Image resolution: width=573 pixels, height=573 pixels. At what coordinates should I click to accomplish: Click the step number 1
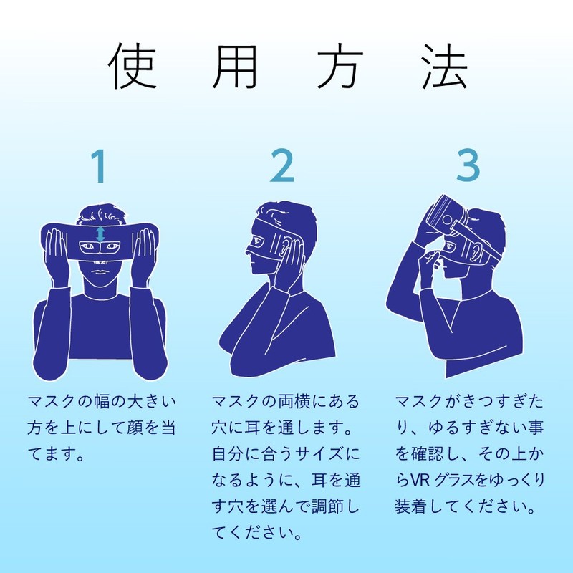[x=100, y=167]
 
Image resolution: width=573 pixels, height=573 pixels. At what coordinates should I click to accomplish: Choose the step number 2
[x=282, y=167]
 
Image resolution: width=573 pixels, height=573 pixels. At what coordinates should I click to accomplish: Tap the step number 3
[x=468, y=167]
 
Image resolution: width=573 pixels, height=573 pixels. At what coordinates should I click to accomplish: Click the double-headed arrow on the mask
[x=101, y=233]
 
